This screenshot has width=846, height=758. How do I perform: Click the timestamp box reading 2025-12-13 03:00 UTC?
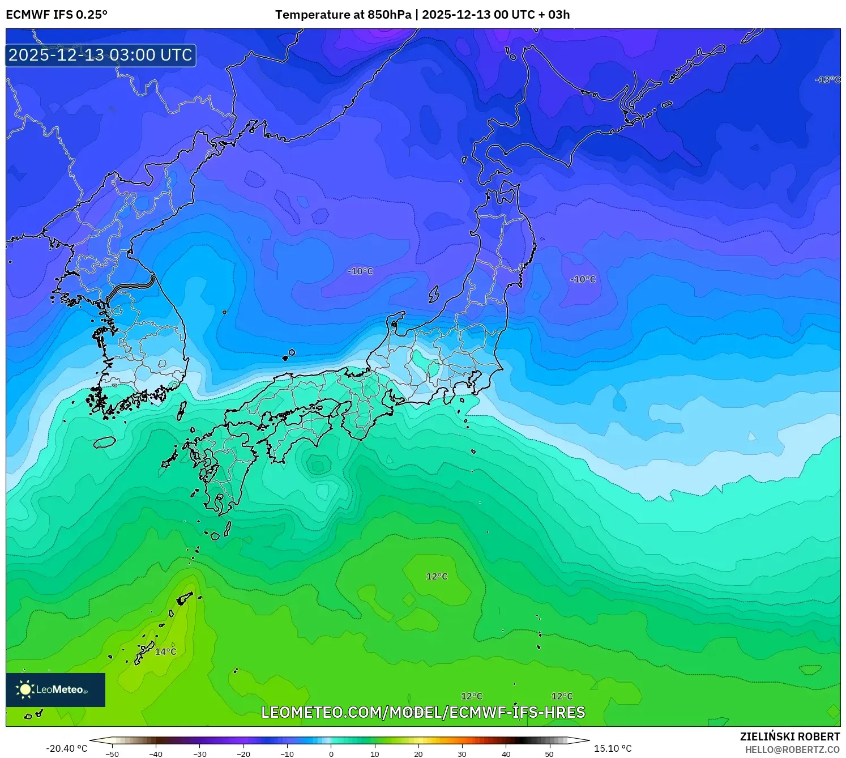click(x=101, y=55)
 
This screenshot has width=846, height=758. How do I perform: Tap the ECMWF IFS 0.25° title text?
click(x=57, y=15)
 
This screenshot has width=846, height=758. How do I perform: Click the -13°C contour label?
click(x=827, y=80)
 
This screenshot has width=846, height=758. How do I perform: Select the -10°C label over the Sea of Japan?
click(x=360, y=271)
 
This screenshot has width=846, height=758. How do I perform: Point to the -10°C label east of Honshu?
click(x=583, y=279)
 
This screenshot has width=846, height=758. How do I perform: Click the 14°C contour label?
click(x=165, y=651)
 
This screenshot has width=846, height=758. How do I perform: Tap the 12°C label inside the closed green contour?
click(x=437, y=576)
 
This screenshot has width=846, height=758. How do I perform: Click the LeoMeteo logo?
click(x=55, y=689)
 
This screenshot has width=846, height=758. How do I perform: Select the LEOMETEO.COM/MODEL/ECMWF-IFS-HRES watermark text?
click(x=423, y=712)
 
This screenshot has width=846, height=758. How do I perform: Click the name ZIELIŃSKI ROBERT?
click(x=789, y=736)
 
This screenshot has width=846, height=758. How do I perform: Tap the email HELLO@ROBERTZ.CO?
click(x=792, y=750)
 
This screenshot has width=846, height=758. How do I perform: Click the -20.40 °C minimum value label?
click(x=66, y=748)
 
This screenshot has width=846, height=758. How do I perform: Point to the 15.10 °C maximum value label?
click(x=612, y=748)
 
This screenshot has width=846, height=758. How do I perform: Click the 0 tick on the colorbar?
click(x=331, y=754)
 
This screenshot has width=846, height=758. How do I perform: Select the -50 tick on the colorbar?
click(x=112, y=754)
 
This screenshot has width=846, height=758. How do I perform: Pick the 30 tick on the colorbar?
click(x=462, y=754)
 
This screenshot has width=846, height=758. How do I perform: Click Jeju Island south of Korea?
click(x=104, y=442)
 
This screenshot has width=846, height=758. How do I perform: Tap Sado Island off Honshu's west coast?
click(x=434, y=294)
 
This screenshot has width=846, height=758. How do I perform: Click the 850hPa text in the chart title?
click(x=389, y=15)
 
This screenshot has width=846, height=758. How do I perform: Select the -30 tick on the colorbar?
click(x=200, y=754)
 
